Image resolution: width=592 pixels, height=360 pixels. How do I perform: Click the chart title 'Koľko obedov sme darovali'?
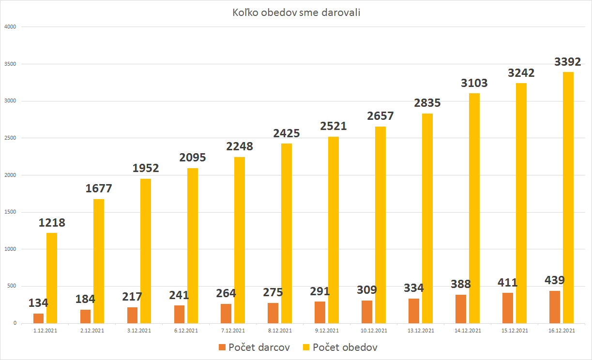tap(296, 13)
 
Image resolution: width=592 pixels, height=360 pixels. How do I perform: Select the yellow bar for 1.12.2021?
tap(52, 278)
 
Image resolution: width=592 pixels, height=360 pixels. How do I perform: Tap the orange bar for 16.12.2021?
tap(555, 307)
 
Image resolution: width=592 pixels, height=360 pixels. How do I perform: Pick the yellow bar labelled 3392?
tap(568, 198)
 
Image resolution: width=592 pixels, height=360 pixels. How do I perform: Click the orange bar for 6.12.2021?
tap(179, 314)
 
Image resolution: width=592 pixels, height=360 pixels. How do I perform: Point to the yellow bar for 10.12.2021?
tap(380, 225)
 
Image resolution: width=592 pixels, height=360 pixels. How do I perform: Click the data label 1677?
tap(99, 189)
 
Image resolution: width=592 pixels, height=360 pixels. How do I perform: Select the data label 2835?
tap(427, 103)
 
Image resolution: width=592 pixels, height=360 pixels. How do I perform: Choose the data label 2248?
tap(240, 146)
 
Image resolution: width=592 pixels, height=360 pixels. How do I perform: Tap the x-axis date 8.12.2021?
tap(280, 331)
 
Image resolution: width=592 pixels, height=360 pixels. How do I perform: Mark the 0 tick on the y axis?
tap(15, 323)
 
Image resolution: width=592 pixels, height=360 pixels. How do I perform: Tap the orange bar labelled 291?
tap(320, 312)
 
